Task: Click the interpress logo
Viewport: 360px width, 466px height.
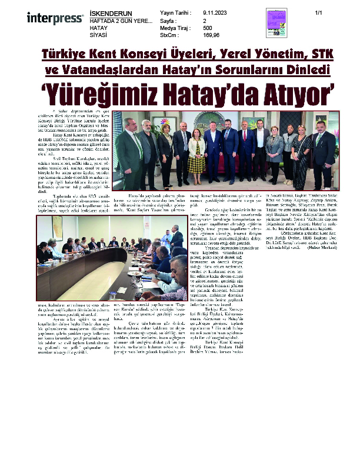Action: (55, 18)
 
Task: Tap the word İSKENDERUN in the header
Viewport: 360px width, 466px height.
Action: (111, 13)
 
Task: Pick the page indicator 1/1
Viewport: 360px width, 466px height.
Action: (319, 13)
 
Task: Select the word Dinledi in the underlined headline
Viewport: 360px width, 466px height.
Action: (308, 70)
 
